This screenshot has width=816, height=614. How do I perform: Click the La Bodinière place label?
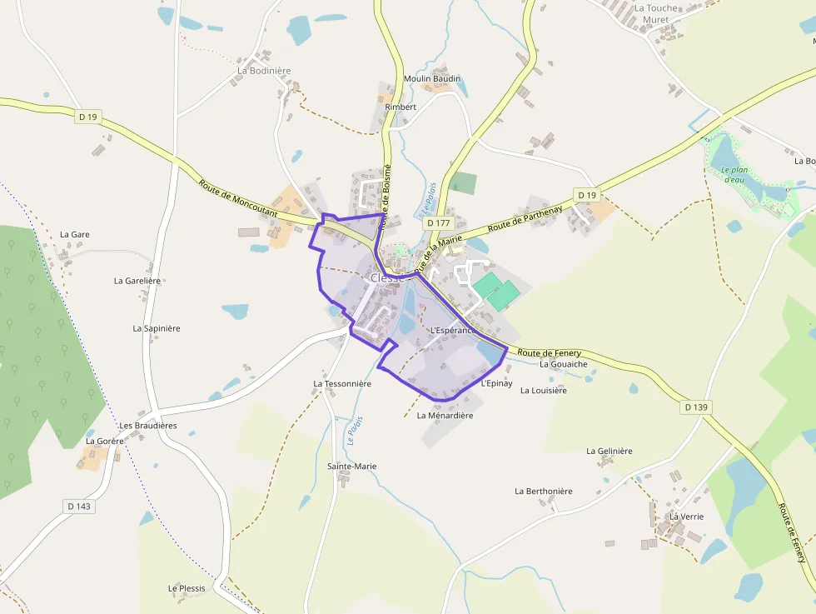tap(264, 71)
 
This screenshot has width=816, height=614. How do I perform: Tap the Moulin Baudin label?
tap(431, 79)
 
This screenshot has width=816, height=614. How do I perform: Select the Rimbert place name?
tap(401, 107)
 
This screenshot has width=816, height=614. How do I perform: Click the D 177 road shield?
tap(438, 223)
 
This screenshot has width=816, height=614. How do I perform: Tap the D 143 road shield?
tap(78, 506)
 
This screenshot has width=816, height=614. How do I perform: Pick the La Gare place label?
tap(74, 235)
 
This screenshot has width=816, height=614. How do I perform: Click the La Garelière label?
tap(137, 281)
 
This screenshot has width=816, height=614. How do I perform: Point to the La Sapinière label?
tap(157, 328)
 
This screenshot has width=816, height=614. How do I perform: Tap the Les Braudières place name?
tap(148, 426)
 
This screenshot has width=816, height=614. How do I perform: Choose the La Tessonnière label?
tap(341, 384)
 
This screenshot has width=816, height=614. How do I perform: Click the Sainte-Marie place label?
tap(351, 467)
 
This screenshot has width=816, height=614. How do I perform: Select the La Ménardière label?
tap(445, 415)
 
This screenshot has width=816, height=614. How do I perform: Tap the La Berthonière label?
tap(543, 492)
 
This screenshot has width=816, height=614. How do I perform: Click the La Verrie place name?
tap(686, 517)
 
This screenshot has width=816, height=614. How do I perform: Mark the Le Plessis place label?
tap(187, 588)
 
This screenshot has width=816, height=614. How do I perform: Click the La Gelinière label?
tap(609, 452)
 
